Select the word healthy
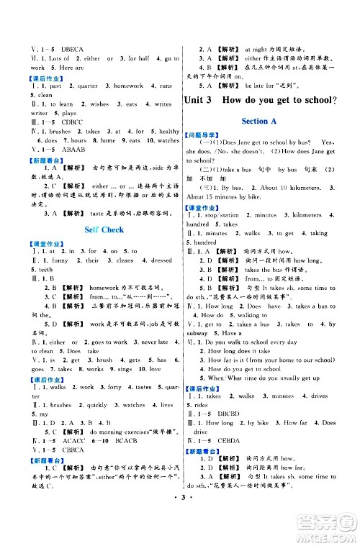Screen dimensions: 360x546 (x=168, y=132)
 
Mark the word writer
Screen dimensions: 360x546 (x=19, y=114)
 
